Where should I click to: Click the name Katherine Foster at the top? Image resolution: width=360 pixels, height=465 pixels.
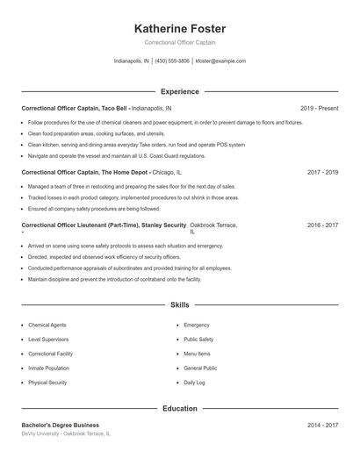(180, 29)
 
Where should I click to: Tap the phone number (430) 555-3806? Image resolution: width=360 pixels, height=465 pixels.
(173, 61)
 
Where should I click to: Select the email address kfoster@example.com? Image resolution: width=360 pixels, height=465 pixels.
(220, 61)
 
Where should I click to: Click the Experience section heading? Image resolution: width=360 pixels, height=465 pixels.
(180, 91)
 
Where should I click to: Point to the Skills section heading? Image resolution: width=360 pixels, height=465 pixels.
(180, 305)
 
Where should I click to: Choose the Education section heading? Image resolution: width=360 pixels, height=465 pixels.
(180, 409)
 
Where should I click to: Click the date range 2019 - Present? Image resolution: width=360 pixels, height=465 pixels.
(319, 108)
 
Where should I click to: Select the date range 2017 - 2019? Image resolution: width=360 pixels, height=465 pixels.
(322, 173)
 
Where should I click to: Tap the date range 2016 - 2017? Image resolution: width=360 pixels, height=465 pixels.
(322, 225)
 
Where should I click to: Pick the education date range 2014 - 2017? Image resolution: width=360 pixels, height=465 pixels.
(322, 426)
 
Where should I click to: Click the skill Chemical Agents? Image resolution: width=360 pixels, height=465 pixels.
(47, 325)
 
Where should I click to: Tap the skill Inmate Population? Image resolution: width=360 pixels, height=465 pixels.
(48, 368)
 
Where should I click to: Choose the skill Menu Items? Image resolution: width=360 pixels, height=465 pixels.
(197, 354)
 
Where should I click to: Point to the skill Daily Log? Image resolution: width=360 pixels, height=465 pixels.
(194, 383)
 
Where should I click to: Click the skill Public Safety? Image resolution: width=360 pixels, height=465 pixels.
(198, 339)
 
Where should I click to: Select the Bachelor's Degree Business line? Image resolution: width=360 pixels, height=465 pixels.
(61, 426)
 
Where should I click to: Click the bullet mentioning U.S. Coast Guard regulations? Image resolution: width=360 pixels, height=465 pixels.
(104, 155)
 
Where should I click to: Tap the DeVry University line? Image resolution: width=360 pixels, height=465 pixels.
(67, 434)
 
